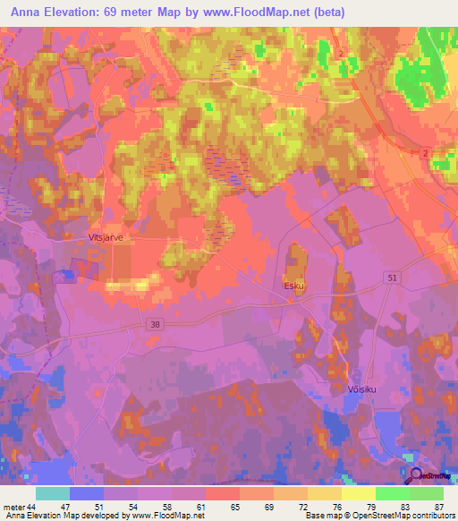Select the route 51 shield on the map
pos(392,279)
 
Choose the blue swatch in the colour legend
pos(87,493)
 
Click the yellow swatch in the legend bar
pos(359,493)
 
